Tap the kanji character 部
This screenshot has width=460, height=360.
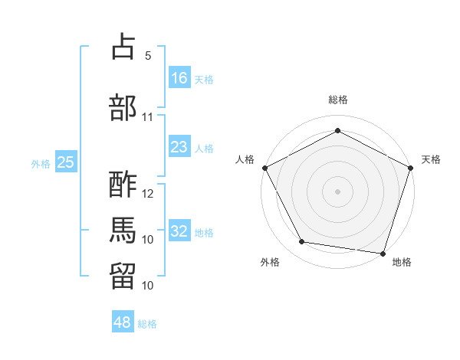(x=123, y=107)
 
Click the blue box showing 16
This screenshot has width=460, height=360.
(x=179, y=78)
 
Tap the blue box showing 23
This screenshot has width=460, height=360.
(x=179, y=147)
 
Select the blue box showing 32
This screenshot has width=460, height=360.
(x=179, y=231)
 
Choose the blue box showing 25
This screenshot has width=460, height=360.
(x=66, y=162)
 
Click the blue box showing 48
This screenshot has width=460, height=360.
(x=123, y=322)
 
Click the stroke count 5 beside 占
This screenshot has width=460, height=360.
(x=148, y=56)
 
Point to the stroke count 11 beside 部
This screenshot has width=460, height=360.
(x=148, y=117)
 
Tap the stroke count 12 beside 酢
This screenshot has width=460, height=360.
(x=148, y=194)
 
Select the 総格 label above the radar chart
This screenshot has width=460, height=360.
(x=337, y=100)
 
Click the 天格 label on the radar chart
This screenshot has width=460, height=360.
(x=431, y=159)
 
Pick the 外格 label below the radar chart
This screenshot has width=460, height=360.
(x=270, y=262)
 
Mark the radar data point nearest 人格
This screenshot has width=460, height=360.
(x=264, y=168)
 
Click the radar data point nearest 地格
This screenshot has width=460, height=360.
(x=383, y=253)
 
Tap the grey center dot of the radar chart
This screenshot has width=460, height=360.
(x=337, y=191)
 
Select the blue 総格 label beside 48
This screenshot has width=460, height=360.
(x=147, y=324)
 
